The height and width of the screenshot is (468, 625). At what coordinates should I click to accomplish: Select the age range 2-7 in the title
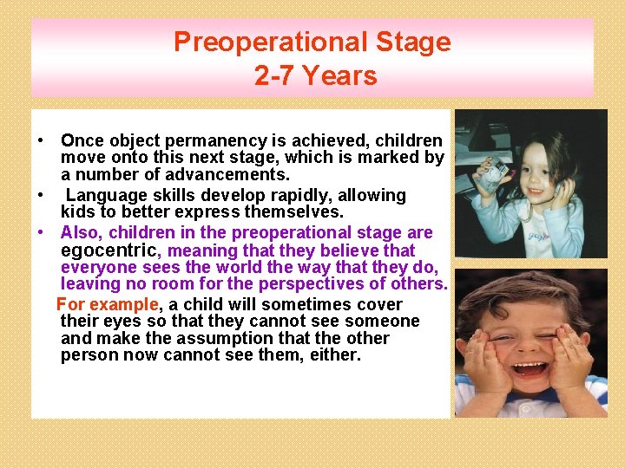(x=273, y=76)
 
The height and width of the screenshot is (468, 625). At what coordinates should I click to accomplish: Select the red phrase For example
(x=108, y=304)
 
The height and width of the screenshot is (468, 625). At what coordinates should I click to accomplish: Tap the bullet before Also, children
(x=42, y=233)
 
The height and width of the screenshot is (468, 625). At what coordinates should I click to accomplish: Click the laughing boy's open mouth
(x=530, y=367)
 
